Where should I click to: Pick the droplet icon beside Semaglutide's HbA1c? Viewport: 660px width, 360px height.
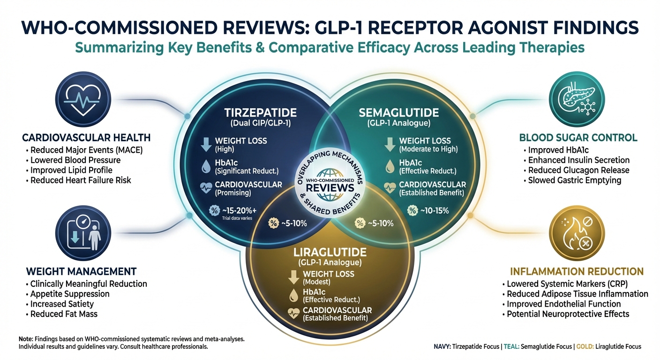[390, 165]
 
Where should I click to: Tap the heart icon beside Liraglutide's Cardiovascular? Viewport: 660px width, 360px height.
[294, 314]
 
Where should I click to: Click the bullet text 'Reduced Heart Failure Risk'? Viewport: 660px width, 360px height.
[81, 180]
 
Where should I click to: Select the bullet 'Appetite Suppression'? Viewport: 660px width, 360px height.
[70, 294]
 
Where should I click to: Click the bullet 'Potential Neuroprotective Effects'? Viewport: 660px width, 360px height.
[568, 314]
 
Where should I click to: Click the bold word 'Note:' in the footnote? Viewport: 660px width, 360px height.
[26, 338]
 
